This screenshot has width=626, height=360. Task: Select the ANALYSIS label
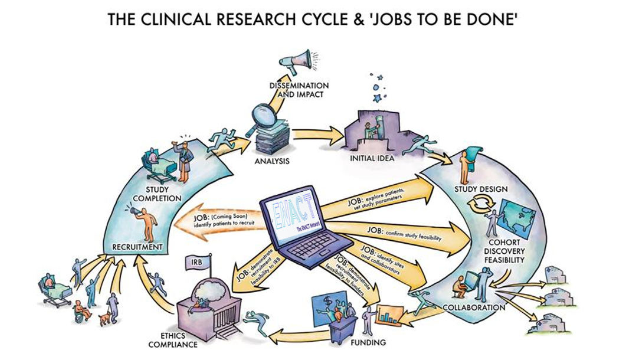tap(272, 161)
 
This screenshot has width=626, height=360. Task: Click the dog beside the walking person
tap(105, 319)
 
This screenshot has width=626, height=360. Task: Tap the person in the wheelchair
tap(81, 310)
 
